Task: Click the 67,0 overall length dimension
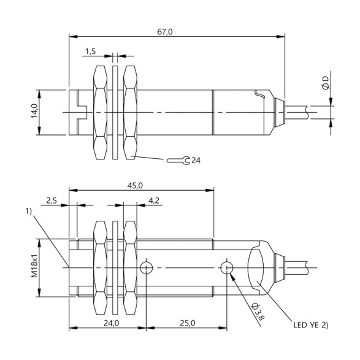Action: [x=164, y=32]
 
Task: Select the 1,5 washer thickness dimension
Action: [x=91, y=52]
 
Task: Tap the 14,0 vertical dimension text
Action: [x=34, y=111]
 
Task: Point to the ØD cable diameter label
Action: [x=325, y=83]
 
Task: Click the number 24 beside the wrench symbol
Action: [x=196, y=160]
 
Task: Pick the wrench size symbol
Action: [x=178, y=160]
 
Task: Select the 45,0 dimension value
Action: [x=135, y=185]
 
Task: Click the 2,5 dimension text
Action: [x=52, y=201]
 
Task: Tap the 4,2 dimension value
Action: [x=154, y=201]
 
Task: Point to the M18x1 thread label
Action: [x=34, y=266]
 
